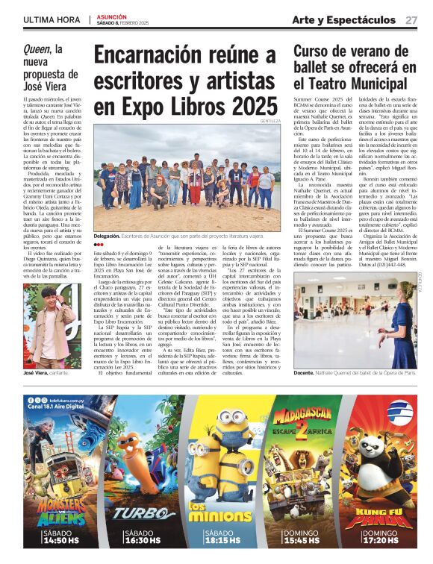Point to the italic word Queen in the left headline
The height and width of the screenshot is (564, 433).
37,50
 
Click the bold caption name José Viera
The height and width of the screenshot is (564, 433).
40,372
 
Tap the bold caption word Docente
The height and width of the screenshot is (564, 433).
306,372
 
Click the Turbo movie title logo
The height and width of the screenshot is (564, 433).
135,513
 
